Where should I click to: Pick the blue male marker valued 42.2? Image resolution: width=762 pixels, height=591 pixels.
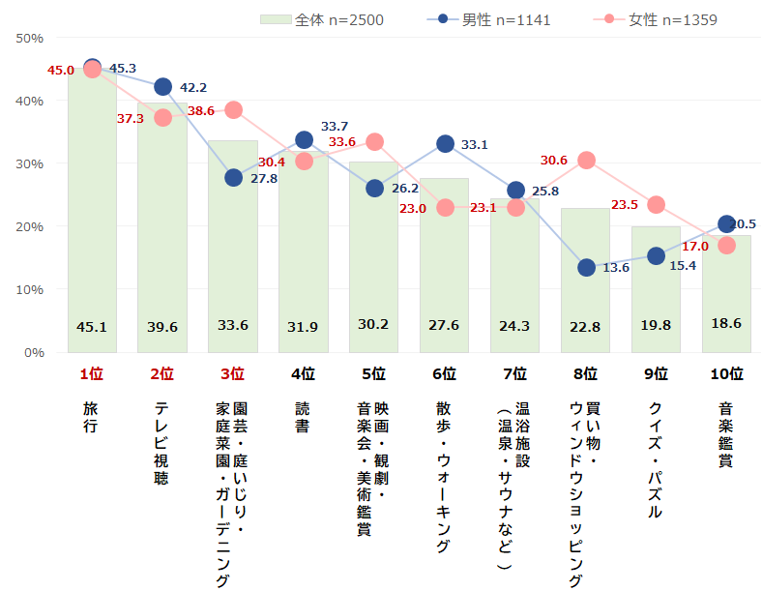(x=162, y=87)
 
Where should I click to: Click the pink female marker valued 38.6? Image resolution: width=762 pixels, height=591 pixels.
(x=233, y=109)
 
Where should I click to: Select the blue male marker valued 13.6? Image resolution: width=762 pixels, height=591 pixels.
(x=586, y=267)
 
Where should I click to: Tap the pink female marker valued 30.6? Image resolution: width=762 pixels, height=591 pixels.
(x=586, y=160)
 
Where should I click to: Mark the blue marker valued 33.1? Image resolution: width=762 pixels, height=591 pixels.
(x=445, y=144)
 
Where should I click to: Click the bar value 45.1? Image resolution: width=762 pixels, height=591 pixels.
(x=92, y=327)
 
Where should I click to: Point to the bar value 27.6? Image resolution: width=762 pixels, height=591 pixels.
(x=445, y=325)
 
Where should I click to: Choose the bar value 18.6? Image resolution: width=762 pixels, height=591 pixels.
(x=726, y=323)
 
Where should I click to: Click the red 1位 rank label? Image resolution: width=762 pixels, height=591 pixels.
(x=92, y=374)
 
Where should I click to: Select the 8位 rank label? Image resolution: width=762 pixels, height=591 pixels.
(x=586, y=374)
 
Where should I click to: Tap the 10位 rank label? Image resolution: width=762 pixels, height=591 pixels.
(x=726, y=374)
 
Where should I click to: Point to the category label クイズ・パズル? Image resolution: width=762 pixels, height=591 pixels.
(x=656, y=459)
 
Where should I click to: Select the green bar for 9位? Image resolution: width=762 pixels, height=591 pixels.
(x=656, y=290)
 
